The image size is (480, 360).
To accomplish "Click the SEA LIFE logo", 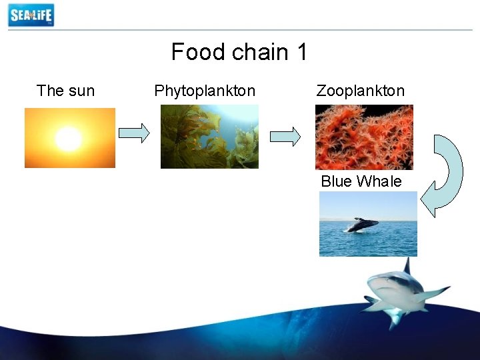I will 31,15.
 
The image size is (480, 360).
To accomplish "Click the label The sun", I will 65,91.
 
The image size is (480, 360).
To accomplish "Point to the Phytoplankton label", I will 205,91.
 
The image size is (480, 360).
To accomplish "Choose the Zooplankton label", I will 360,91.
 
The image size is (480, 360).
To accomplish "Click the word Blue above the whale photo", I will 337,181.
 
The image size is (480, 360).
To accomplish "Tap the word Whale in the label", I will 379,181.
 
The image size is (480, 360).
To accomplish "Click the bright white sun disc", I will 68,139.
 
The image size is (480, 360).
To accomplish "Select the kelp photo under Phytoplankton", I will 209,137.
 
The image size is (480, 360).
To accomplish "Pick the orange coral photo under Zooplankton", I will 364,137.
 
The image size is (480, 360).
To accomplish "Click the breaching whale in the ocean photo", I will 361,225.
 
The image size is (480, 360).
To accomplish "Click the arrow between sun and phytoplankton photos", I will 134,133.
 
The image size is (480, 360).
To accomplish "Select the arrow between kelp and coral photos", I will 285,137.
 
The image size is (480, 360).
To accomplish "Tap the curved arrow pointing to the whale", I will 443,175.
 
